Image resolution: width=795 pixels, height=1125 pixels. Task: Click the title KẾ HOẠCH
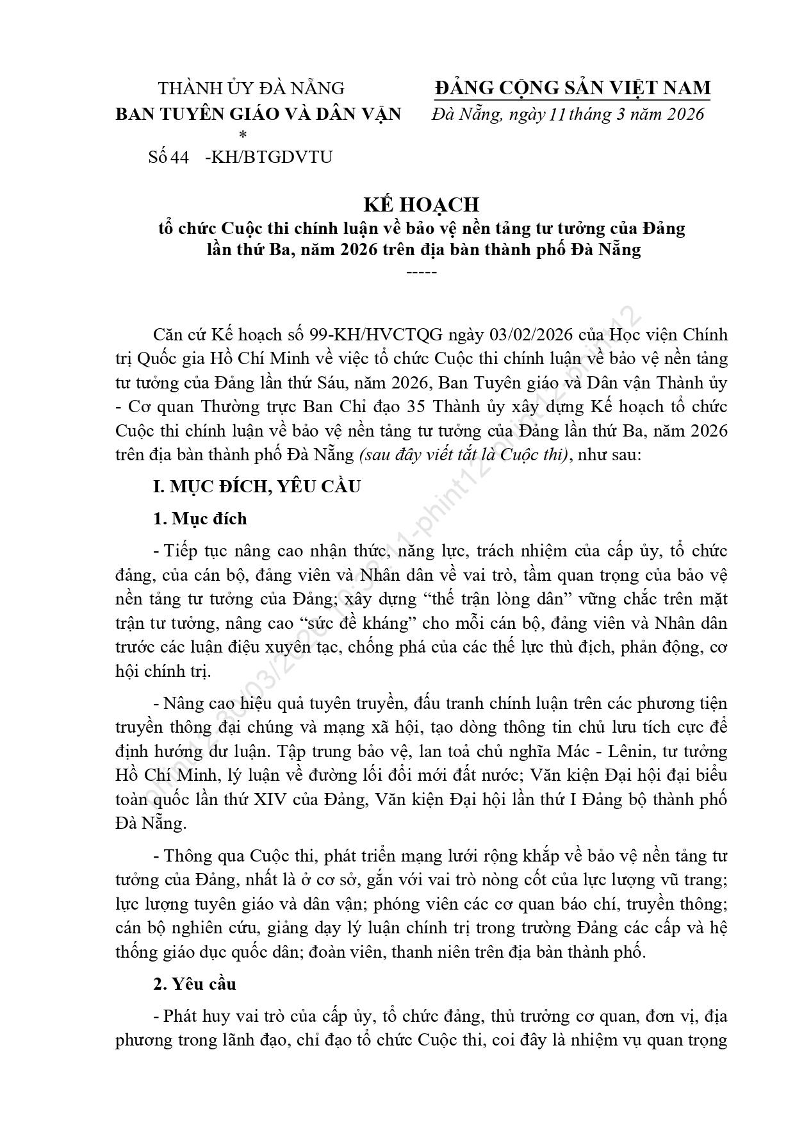421,204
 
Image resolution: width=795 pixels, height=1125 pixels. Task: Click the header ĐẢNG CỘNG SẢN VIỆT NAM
572,88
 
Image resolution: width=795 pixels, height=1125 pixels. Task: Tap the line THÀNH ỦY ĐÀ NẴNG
251,88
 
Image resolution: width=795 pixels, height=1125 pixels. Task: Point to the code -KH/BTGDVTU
268,157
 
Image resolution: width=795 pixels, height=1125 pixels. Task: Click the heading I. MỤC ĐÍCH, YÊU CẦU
257,486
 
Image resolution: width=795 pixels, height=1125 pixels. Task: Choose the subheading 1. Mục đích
200,518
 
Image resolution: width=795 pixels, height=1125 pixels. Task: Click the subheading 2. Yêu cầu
195,984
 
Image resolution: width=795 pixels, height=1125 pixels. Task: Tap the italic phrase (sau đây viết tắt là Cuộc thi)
464,454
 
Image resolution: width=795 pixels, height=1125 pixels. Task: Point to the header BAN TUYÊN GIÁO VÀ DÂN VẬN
258,114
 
